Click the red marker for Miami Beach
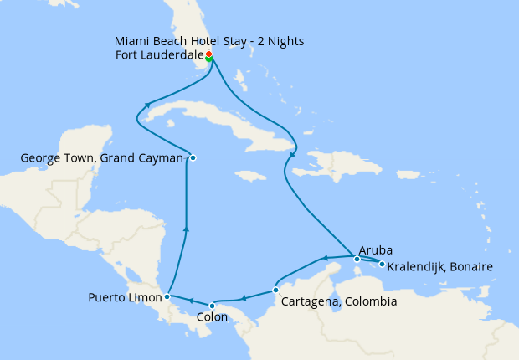208,54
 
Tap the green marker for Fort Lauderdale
208,59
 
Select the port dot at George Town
193,157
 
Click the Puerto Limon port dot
168,296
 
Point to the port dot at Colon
212,305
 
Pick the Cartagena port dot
276,291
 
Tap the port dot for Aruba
357,259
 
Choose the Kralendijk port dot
382,265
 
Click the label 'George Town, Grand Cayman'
101,157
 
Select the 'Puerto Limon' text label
125,297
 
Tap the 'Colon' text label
211,317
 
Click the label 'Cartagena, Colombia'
339,301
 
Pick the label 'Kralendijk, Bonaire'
440,266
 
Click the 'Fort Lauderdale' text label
157,57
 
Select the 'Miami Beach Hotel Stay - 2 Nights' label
209,41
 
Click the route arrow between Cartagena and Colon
243,297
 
